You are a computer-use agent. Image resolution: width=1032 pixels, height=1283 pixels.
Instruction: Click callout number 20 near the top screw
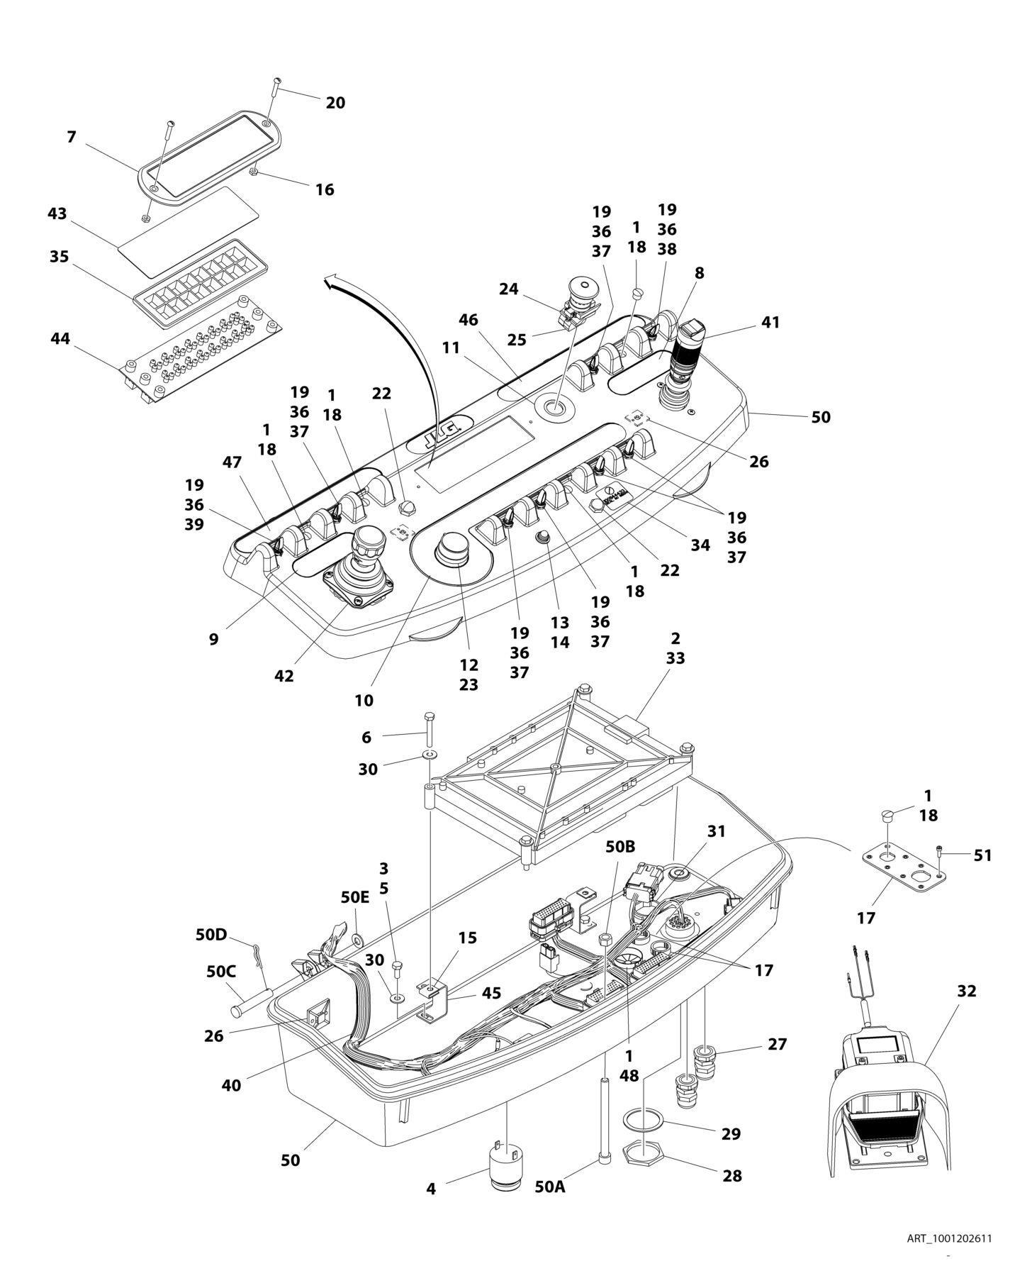point(335,103)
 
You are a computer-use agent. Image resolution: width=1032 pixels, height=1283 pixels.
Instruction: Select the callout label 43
point(57,213)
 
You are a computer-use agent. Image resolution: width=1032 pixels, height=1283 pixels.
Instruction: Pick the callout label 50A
point(550,1187)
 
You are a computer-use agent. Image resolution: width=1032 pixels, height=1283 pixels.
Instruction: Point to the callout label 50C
point(220,972)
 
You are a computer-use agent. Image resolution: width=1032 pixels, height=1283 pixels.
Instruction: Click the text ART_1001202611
point(948,1239)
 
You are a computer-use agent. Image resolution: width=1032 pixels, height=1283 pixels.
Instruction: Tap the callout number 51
point(982,856)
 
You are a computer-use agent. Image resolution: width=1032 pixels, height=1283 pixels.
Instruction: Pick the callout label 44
point(60,340)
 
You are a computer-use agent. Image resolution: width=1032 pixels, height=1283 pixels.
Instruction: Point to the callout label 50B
point(620,847)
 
